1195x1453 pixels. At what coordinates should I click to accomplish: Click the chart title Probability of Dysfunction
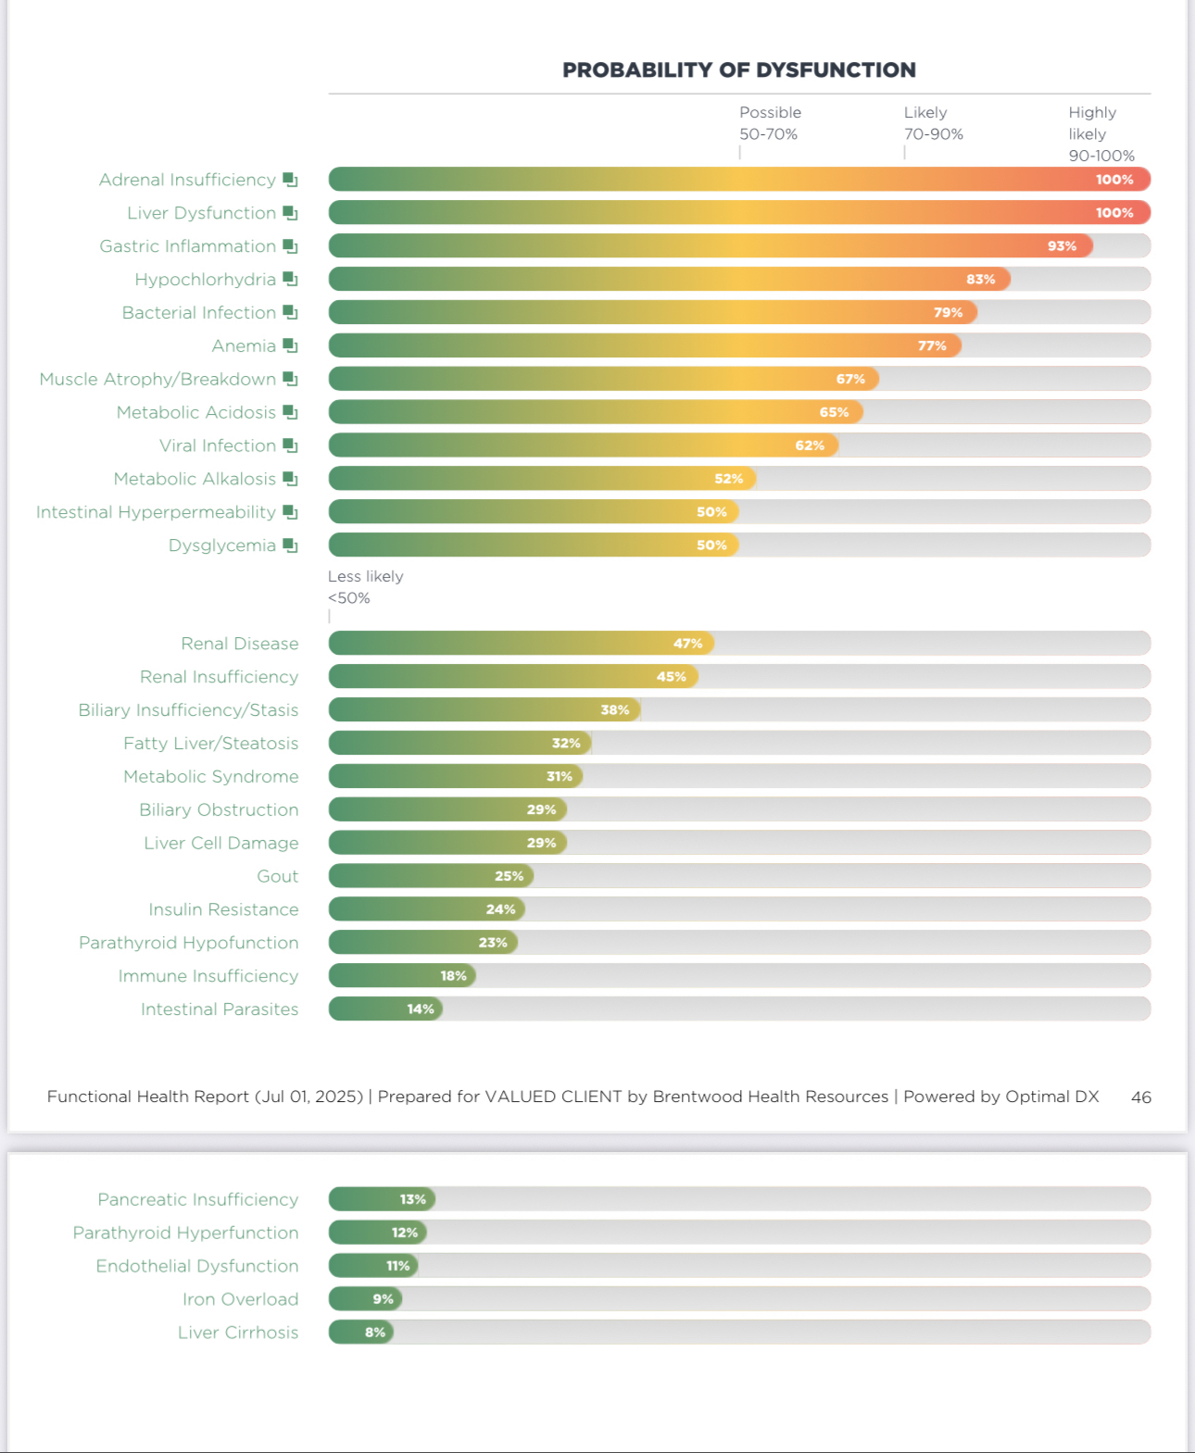coord(738,70)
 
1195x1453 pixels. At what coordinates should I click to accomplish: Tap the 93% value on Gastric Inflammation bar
coord(1062,246)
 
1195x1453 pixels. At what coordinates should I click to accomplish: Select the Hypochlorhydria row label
coord(205,280)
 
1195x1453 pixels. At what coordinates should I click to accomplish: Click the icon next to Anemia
coord(290,345)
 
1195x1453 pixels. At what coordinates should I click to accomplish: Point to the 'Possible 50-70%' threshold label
coord(770,123)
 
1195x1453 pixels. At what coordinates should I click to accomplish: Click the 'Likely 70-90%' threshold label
coord(933,123)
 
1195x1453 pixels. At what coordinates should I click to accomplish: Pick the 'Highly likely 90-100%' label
coord(1101,134)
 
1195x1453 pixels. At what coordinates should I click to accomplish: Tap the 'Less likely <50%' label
coord(365,587)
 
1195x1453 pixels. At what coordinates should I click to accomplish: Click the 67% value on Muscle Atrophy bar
coord(850,379)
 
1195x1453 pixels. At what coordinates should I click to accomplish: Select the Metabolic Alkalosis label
coord(195,479)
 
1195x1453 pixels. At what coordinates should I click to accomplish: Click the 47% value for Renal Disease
coord(687,644)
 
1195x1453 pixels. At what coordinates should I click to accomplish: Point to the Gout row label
coord(277,876)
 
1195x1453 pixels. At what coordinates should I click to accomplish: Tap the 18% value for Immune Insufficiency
coord(453,976)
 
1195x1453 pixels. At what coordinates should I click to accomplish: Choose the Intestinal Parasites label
coord(220,1009)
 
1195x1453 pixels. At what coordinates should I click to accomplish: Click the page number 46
coord(1140,1097)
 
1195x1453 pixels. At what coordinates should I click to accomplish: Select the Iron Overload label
coord(240,1299)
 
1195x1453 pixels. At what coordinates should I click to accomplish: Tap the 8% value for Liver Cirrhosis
coord(374,1333)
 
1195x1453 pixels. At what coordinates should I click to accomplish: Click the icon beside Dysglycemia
coord(290,545)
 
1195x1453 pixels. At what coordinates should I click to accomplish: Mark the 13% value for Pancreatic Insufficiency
coord(412,1199)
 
